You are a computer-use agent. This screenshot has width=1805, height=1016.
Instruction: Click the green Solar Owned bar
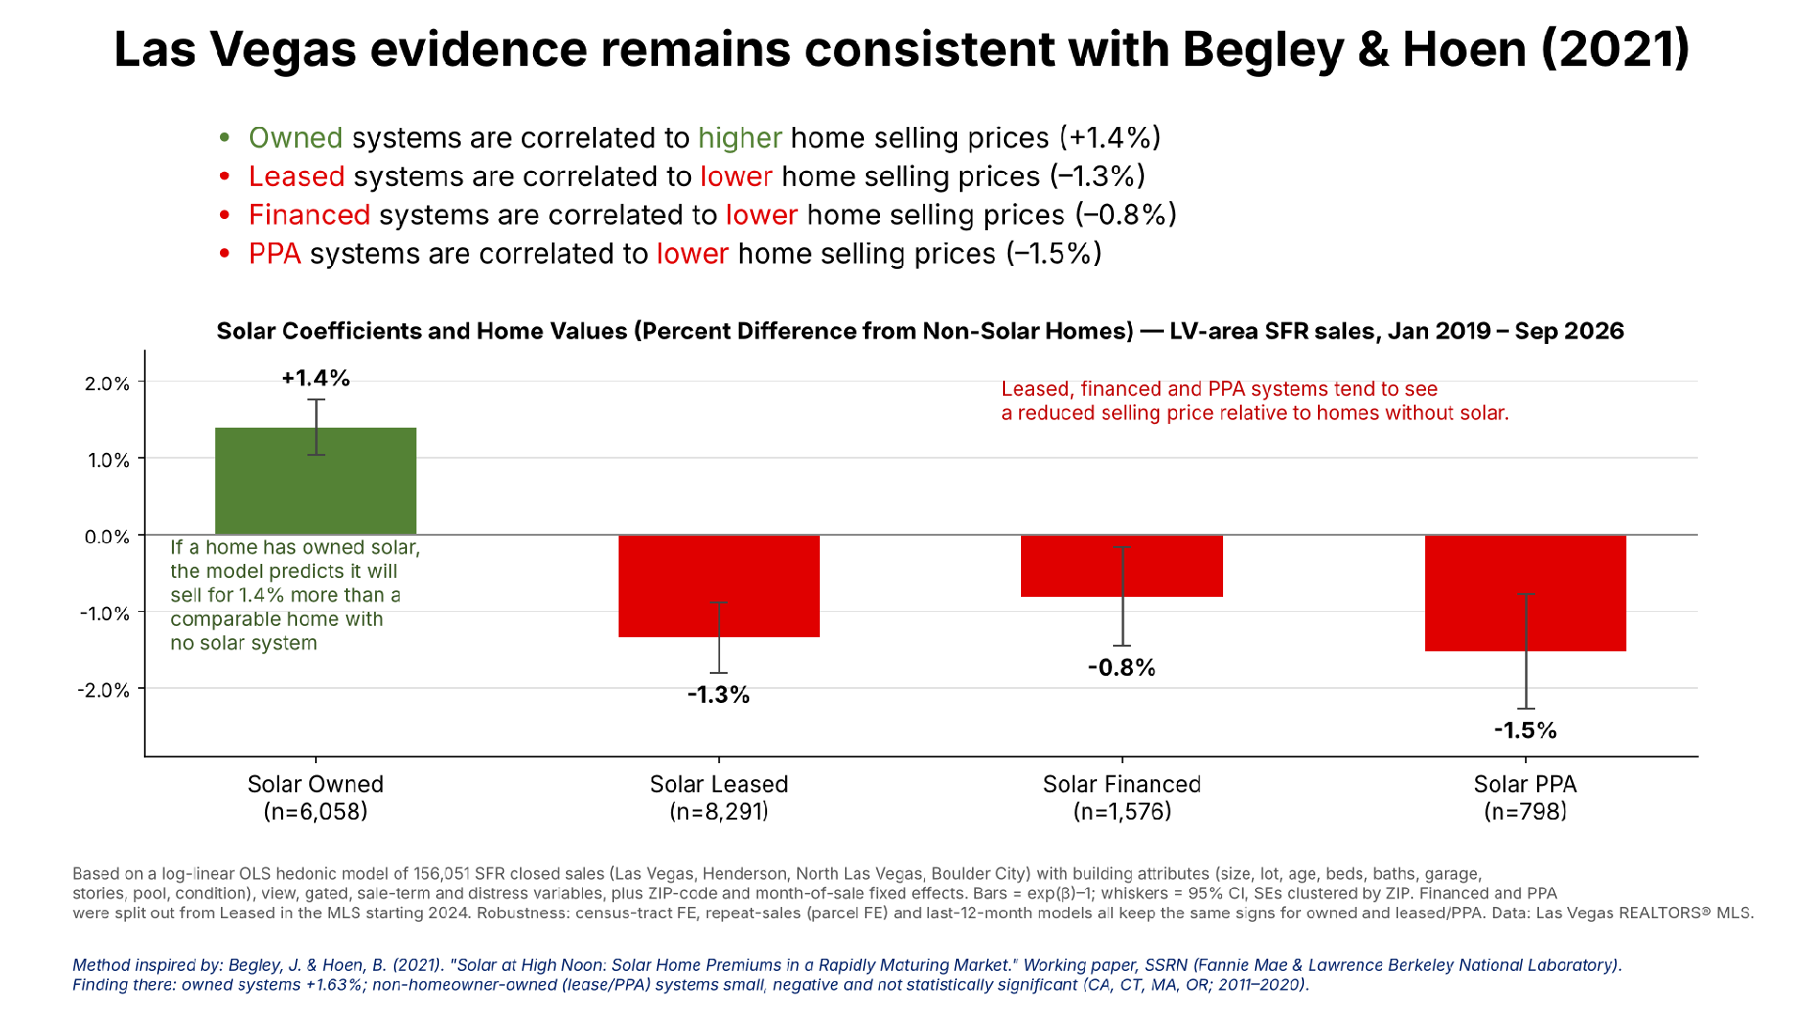pyautogui.click(x=316, y=481)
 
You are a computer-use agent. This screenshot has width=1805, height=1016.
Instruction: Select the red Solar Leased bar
pyautogui.click(x=719, y=586)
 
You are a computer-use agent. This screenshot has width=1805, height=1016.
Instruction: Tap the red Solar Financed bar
pyautogui.click(x=1122, y=566)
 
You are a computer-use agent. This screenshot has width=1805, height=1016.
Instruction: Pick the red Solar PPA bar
pyautogui.click(x=1526, y=593)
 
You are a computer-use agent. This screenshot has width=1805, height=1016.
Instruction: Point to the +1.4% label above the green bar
pyautogui.click(x=316, y=378)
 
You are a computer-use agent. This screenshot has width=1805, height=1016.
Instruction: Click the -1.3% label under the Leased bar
pyautogui.click(x=719, y=695)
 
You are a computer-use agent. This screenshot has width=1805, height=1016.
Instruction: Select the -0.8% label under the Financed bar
pyautogui.click(x=1122, y=667)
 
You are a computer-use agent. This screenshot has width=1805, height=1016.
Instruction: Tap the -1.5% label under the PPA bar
pyautogui.click(x=1526, y=730)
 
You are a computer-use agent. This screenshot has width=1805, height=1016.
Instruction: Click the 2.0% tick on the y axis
pyautogui.click(x=107, y=383)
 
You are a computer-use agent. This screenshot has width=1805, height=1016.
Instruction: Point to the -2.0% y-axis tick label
pyautogui.click(x=104, y=690)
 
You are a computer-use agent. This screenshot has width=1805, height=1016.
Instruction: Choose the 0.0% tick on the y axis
pyautogui.click(x=107, y=537)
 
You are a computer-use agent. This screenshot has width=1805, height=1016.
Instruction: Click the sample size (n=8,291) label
pyautogui.click(x=719, y=811)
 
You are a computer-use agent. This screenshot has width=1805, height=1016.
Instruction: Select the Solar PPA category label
pyautogui.click(x=1525, y=784)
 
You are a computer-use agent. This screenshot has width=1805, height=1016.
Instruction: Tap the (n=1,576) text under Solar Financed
pyautogui.click(x=1122, y=811)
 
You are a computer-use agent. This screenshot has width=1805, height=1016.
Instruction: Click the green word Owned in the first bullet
pyautogui.click(x=295, y=138)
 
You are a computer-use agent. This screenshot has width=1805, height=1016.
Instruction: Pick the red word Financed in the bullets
pyautogui.click(x=309, y=215)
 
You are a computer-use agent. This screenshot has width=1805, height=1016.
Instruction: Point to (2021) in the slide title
pyautogui.click(x=1615, y=49)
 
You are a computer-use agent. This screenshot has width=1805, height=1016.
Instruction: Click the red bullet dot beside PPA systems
pyautogui.click(x=225, y=254)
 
